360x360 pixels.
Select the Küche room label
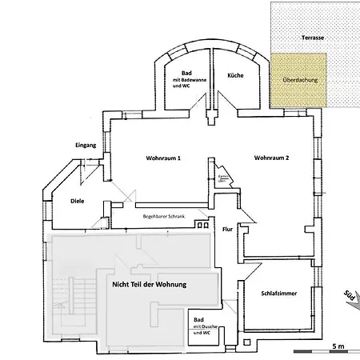[235, 74]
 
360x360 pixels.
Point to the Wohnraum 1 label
[163, 158]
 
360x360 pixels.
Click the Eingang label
[85, 145]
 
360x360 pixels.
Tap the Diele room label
[78, 202]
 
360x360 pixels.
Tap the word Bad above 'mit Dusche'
[197, 318]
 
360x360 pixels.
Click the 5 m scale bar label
[338, 346]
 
